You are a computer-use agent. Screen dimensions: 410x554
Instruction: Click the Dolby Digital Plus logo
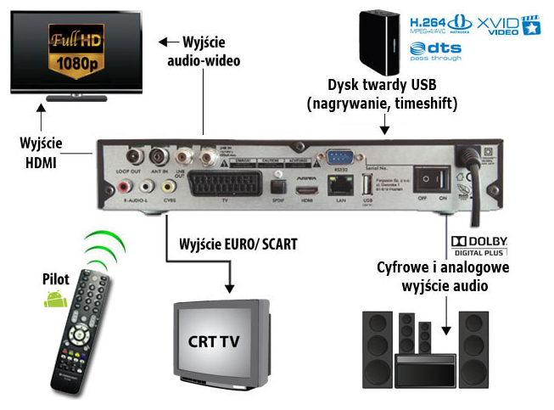tap(482, 245)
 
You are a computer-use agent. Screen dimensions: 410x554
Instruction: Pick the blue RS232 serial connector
tap(339, 156)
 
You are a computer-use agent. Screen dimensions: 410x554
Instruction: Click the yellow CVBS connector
tap(165, 185)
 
